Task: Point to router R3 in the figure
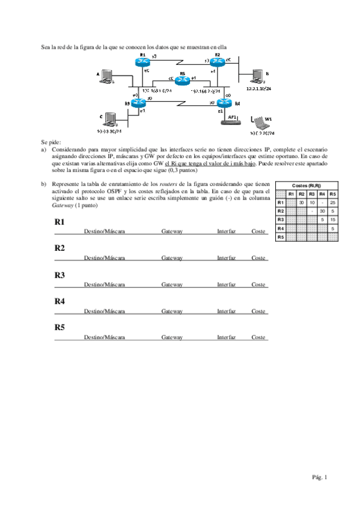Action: tap(139, 103)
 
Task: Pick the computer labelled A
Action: tap(107, 75)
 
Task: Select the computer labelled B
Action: tap(257, 76)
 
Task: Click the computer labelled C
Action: tap(109, 118)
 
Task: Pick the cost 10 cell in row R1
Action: tap(311, 203)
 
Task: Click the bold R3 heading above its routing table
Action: tap(59, 275)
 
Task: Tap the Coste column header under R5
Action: tap(258, 337)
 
